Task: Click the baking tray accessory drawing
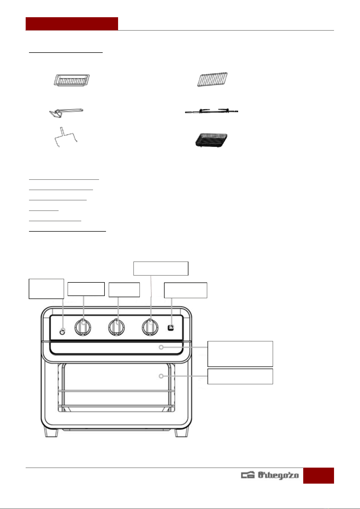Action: tap(72, 80)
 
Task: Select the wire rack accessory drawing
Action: tap(212, 79)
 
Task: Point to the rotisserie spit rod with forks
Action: tap(211, 111)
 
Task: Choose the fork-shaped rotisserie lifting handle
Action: tap(66, 137)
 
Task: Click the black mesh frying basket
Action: tap(211, 140)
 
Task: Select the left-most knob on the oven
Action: tap(83, 327)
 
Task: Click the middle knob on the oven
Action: tap(116, 327)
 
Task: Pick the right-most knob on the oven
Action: tap(150, 327)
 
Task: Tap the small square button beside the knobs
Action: tap(171, 328)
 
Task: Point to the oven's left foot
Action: tap(51, 433)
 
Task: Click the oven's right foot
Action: tap(182, 433)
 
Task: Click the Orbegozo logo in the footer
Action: tap(270, 475)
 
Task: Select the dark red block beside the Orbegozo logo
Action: tap(318, 475)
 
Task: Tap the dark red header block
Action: tap(72, 24)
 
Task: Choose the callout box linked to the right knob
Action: tap(161, 269)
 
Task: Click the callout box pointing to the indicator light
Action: tap(46, 289)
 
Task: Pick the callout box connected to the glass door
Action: tap(240, 376)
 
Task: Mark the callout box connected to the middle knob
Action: tap(124, 290)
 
